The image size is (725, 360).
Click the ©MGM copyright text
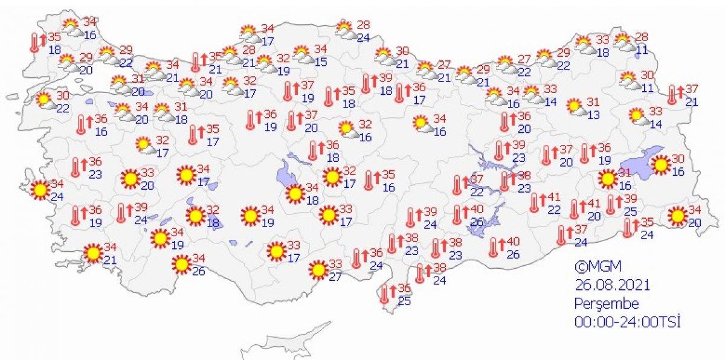pyautogui.click(x=598, y=266)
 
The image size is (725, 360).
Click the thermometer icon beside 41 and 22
pyautogui.click(x=535, y=203)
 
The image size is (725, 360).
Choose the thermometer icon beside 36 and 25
pyautogui.click(x=385, y=294)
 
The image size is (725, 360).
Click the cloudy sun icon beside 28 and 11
pyautogui.click(x=622, y=42)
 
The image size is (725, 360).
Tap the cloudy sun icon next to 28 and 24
pyautogui.click(x=345, y=29)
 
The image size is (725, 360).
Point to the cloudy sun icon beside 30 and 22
pyautogui.click(x=44, y=100)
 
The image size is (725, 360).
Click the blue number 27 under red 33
pyautogui.click(x=337, y=276)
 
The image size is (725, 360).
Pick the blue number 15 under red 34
pyautogui.click(x=320, y=61)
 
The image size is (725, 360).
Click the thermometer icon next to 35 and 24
pyautogui.click(x=629, y=227)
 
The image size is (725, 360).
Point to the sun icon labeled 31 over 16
pyautogui.click(x=608, y=179)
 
